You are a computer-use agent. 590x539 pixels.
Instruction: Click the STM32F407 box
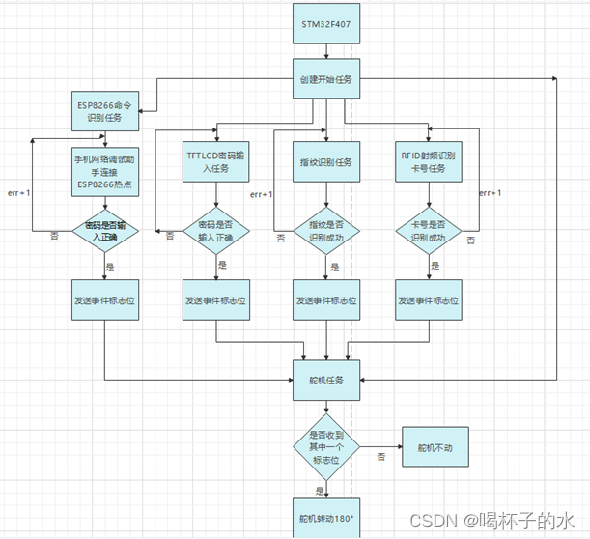[326, 23]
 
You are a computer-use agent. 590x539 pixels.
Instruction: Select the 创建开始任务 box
[326, 77]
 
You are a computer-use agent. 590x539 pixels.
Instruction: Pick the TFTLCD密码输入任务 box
[215, 161]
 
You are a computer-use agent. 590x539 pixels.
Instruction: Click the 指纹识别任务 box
[326, 161]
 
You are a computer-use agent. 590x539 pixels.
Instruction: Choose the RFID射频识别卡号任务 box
[429, 161]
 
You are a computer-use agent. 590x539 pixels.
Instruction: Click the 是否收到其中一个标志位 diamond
[326, 447]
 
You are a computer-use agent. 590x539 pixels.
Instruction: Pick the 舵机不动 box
[429, 447]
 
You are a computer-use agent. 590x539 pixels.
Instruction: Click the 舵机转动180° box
[326, 520]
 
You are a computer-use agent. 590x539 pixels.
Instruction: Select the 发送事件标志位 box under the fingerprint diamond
[326, 300]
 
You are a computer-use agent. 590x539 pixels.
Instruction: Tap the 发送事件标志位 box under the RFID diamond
[429, 300]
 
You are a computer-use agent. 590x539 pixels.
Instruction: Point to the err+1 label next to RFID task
[492, 192]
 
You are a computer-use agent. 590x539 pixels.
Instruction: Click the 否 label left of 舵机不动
[381, 455]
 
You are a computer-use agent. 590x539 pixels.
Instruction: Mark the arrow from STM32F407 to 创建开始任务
[326, 51]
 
